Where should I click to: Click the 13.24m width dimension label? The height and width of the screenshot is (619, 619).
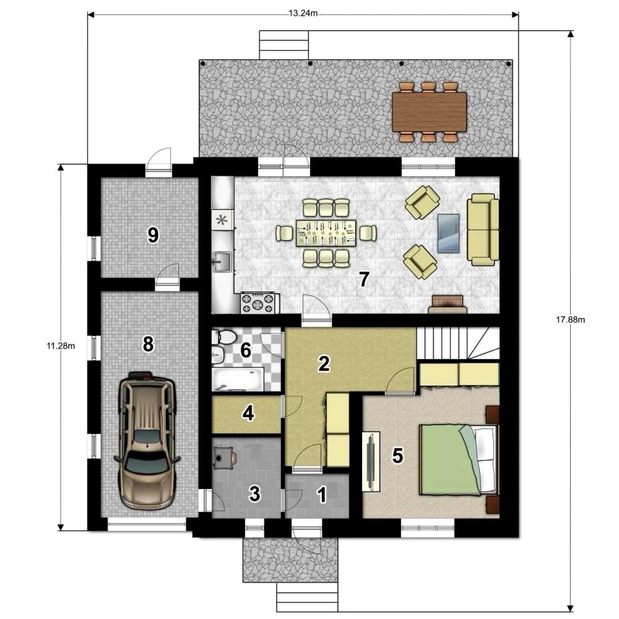point(303,13)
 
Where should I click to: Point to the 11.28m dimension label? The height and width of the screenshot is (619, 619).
point(61,346)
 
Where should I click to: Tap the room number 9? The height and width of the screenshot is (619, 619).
point(153,235)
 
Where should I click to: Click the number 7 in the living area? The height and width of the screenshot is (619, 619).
point(363,279)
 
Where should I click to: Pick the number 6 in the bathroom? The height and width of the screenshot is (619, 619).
point(246,350)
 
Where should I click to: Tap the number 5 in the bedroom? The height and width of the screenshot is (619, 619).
point(397,455)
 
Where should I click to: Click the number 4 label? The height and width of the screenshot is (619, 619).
point(249,413)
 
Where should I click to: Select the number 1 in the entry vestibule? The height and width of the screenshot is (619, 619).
point(321,495)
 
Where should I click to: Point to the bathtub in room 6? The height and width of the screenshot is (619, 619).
point(238,379)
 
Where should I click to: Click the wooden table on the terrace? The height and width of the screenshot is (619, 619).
point(429,111)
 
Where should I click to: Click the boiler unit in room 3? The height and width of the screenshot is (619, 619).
point(224,458)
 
